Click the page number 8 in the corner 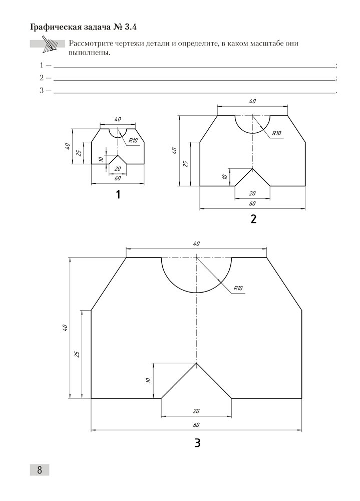[x=39, y=469]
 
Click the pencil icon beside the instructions [x=50, y=44]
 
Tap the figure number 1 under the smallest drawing [x=118, y=195]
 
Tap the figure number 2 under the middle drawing [x=253, y=219]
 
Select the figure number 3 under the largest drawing [x=197, y=443]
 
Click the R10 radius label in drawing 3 [x=238, y=288]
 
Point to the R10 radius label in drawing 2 [x=277, y=133]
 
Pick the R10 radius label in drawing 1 [x=133, y=141]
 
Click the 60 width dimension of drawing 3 [x=196, y=425]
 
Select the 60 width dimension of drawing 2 [x=252, y=203]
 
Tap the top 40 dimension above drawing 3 [x=196, y=243]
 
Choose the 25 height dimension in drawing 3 [x=77, y=354]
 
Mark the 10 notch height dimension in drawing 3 [x=149, y=380]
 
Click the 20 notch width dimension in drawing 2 [x=252, y=193]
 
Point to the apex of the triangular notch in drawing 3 [x=196, y=363]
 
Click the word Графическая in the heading [x=55, y=27]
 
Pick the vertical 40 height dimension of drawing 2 [x=174, y=151]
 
